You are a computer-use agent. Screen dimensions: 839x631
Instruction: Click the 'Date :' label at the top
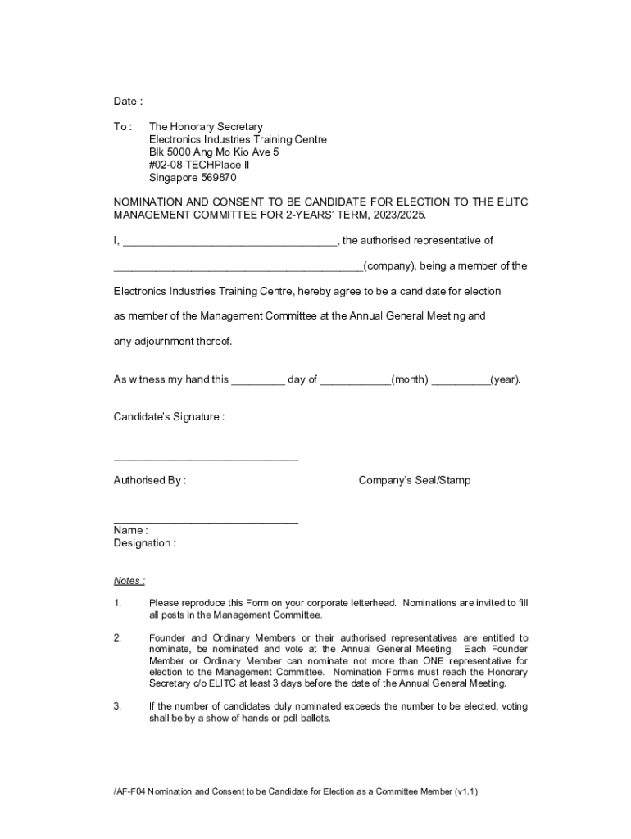[128, 102]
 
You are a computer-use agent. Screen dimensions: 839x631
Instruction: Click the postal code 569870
[216, 178]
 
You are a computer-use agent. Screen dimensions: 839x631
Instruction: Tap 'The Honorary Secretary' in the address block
[206, 127]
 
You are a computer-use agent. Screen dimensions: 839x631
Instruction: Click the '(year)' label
[505, 380]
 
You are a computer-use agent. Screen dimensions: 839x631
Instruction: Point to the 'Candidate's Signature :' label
[169, 417]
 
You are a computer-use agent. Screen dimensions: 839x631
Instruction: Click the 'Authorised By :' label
[149, 481]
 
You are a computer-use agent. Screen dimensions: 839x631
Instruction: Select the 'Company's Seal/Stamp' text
[415, 481]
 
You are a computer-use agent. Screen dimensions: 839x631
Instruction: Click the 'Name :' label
[130, 531]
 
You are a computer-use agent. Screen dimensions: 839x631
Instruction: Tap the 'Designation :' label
[144, 543]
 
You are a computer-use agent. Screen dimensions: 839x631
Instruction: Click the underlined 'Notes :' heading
[129, 581]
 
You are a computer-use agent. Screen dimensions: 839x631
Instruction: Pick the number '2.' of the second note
[117, 637]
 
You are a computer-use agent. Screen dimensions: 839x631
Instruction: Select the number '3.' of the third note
[117, 706]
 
